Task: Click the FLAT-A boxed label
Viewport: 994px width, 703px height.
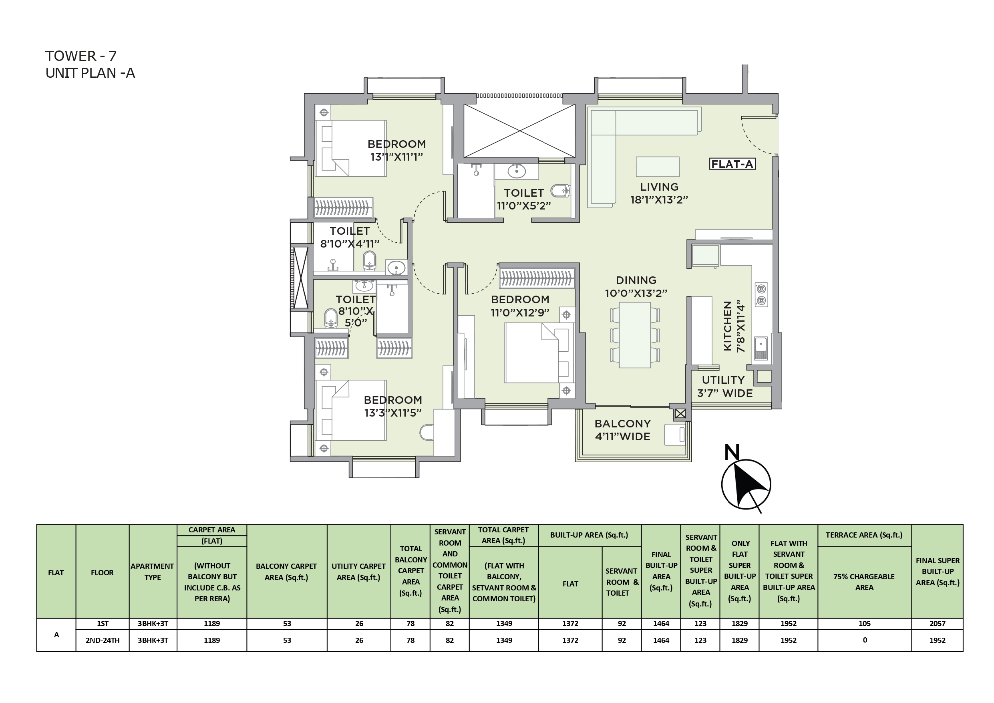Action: [x=732, y=164]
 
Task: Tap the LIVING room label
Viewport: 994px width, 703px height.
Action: [x=659, y=193]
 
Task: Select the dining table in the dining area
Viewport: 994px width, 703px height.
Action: [x=635, y=335]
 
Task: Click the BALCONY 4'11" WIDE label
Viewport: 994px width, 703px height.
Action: [x=622, y=430]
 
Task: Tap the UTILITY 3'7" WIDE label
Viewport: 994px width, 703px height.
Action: [x=725, y=387]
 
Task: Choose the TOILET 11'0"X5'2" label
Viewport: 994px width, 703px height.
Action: [x=524, y=199]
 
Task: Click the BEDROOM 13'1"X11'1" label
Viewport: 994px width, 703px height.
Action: [x=396, y=150]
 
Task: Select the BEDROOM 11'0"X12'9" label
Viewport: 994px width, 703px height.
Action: [x=520, y=306]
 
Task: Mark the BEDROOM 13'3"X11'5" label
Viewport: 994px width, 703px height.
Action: [x=392, y=406]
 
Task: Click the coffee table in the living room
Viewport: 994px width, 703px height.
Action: [x=658, y=167]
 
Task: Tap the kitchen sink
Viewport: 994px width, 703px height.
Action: [x=761, y=348]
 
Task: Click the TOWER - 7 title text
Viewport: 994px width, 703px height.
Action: [x=81, y=56]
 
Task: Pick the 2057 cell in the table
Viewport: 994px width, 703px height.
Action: [x=937, y=623]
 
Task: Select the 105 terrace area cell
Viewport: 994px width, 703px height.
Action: [x=865, y=623]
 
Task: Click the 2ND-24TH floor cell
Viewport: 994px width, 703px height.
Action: [x=103, y=640]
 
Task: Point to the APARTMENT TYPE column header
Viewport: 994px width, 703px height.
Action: [x=153, y=572]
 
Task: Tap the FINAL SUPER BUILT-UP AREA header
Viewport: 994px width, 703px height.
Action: [x=938, y=571]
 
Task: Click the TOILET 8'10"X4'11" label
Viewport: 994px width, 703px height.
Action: [x=350, y=238]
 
